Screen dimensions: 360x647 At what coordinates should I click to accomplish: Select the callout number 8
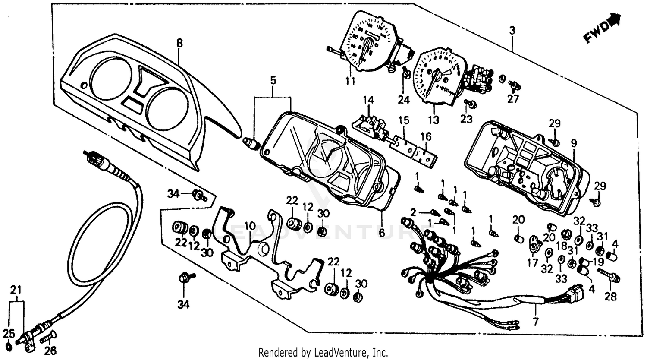(x=179, y=43)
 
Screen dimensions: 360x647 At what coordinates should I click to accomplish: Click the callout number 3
(x=512, y=30)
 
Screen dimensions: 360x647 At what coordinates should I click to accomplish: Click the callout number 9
(x=574, y=142)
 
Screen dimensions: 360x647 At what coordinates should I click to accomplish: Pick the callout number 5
(x=273, y=81)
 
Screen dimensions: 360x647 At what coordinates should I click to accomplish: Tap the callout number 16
(x=426, y=137)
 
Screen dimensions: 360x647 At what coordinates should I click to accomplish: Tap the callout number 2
(x=413, y=212)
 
